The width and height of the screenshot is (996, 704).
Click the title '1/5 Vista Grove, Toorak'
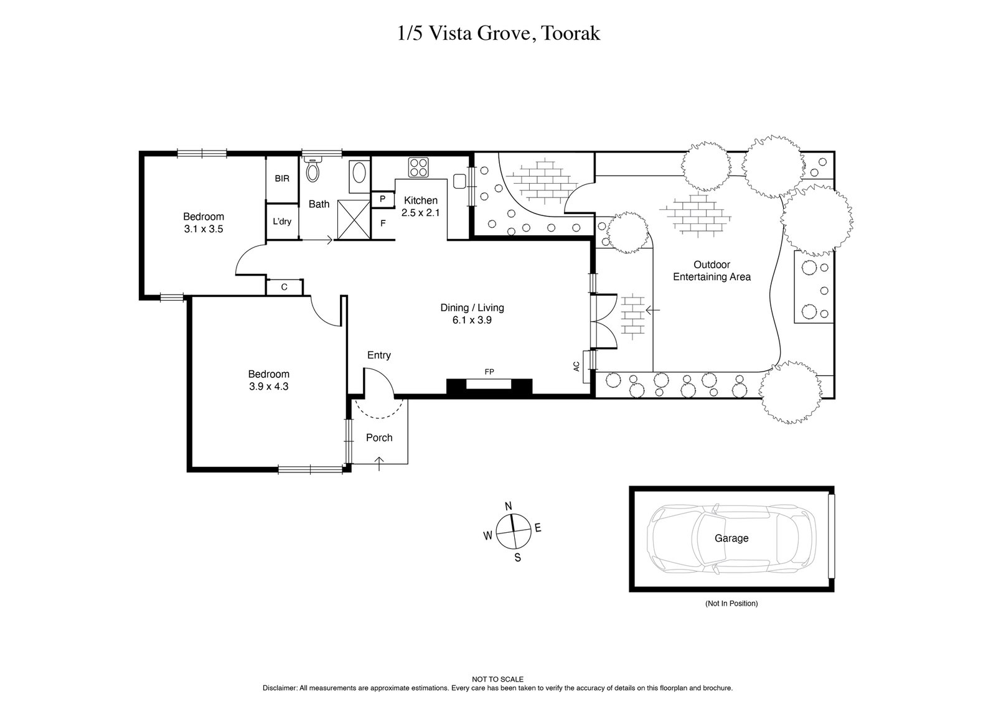tap(498, 34)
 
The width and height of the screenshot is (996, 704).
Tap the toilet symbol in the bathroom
tap(313, 169)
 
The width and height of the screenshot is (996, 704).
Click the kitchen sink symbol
tap(461, 181)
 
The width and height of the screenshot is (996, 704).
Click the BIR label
tap(282, 179)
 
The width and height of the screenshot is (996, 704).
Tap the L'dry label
tap(282, 221)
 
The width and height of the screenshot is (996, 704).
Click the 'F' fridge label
tap(383, 223)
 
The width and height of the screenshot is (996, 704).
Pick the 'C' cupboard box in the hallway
tap(284, 287)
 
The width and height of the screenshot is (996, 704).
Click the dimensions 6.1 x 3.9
tap(472, 320)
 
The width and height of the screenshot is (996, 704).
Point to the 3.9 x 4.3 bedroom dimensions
tap(268, 386)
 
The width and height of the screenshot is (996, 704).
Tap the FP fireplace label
tap(489, 372)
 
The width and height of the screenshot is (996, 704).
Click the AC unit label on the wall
tap(576, 366)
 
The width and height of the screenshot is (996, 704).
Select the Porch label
tap(379, 438)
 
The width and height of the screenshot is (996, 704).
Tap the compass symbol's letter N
tap(508, 505)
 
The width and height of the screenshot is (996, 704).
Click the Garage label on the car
tap(731, 538)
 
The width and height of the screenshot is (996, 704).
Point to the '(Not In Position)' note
tap(731, 603)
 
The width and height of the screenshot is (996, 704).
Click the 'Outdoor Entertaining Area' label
tap(712, 271)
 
